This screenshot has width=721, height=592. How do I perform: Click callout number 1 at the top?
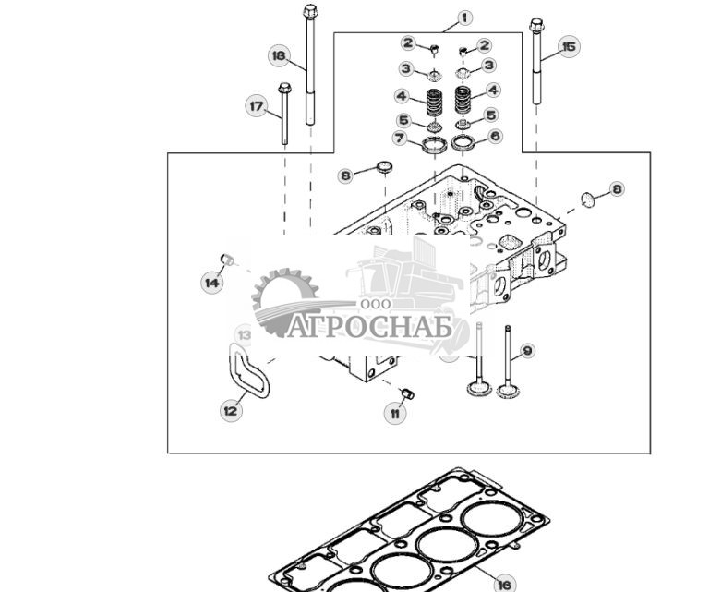click(464, 18)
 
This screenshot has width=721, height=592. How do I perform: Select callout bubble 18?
click(279, 55)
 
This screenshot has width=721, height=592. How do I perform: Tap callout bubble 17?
click(256, 106)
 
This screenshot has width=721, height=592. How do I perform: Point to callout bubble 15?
click(569, 47)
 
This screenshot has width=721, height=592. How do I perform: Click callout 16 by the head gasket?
click(504, 585)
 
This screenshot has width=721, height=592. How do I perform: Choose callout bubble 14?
click(212, 282)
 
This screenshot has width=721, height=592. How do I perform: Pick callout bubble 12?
click(231, 409)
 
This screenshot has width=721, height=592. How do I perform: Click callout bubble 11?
click(395, 413)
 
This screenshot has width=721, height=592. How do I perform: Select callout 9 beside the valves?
click(527, 351)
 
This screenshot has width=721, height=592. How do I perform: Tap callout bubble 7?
click(400, 138)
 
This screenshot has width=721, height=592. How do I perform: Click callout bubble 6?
click(495, 136)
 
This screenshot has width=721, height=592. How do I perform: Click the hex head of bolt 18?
click(310, 10)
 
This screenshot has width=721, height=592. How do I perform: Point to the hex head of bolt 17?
click(284, 88)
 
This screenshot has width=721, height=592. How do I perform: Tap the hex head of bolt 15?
click(536, 25)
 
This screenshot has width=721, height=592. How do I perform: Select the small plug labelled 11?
click(407, 393)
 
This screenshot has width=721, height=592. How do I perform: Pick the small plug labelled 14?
click(228, 260)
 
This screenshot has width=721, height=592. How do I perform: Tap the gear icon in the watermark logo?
click(285, 301)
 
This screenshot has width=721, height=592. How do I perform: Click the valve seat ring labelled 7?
click(434, 145)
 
